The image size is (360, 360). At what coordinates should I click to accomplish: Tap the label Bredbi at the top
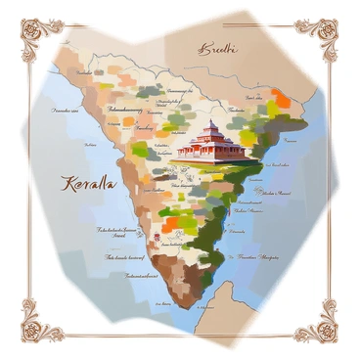(216, 48)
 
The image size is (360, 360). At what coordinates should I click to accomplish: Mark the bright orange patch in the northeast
(282, 99)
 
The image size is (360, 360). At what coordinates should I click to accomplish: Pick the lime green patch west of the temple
(141, 150)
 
